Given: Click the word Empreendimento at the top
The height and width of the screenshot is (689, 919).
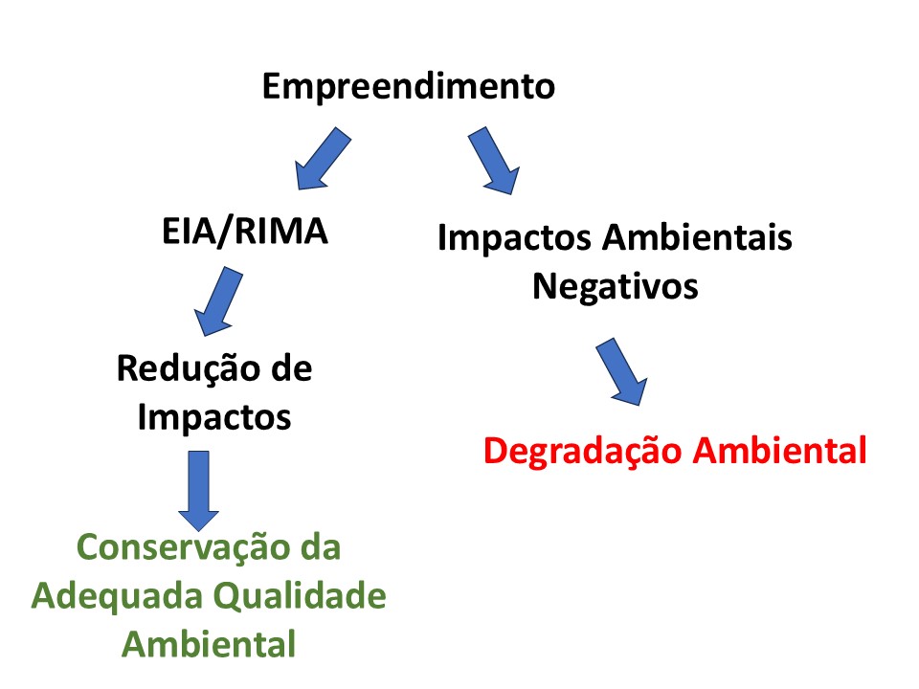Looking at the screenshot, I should point(408,87).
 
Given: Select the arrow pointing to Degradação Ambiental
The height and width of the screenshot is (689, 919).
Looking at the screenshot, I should point(621,371).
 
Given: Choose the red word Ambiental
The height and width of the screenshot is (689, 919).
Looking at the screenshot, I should point(780,450).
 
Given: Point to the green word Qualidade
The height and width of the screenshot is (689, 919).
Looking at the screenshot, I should point(299,596).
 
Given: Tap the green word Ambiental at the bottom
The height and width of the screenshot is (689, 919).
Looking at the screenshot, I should point(209,644).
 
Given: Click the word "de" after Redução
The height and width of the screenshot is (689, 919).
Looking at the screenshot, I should point(291,368).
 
